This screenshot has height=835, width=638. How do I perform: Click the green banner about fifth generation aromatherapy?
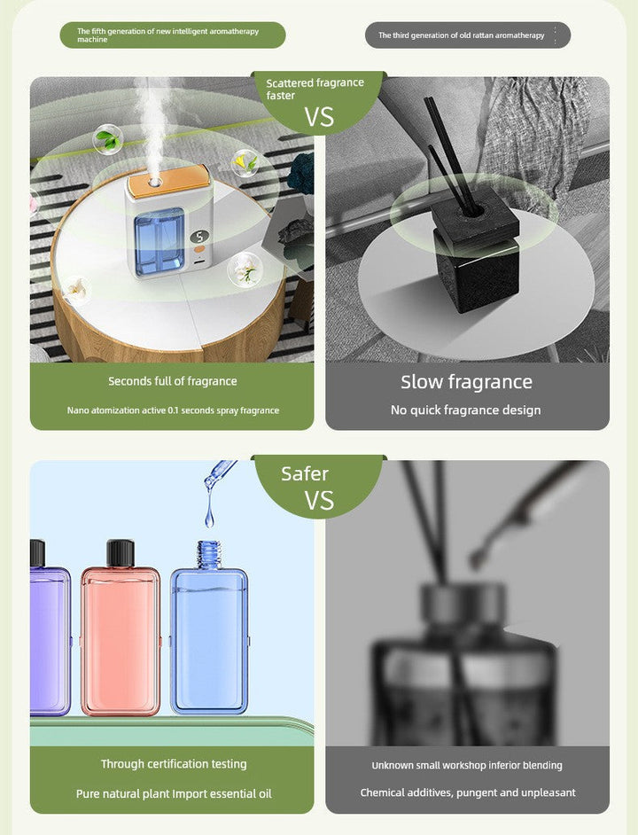tap(173, 35)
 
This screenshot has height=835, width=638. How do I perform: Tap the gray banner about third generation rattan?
tap(467, 35)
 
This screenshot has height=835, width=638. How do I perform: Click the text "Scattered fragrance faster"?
tap(315, 89)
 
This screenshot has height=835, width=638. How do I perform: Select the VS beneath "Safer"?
tap(319, 501)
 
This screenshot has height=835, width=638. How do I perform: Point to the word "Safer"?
tap(305, 473)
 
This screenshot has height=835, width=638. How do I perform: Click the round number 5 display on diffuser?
tap(198, 237)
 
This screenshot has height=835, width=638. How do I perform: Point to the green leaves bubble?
tap(108, 139)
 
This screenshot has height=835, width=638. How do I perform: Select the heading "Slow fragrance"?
tap(466, 382)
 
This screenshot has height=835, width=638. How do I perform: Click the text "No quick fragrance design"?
tap(465, 410)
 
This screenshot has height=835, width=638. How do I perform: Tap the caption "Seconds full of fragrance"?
tap(173, 381)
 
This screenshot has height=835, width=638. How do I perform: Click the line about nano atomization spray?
tap(173, 410)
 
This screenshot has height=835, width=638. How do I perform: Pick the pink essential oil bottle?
tap(121, 638)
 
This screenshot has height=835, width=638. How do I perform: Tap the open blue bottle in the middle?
tap(209, 634)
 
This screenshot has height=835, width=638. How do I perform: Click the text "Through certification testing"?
tap(174, 764)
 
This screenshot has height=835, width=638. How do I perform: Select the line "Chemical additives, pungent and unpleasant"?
tap(467, 792)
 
